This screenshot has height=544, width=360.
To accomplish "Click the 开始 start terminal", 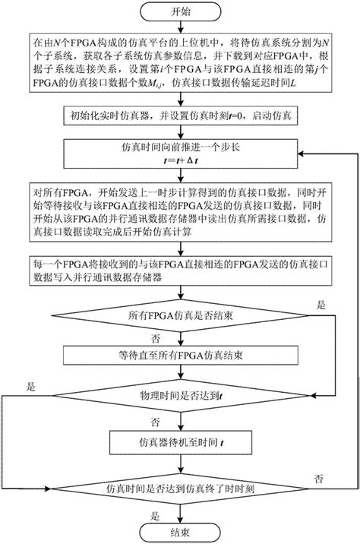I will [180, 12].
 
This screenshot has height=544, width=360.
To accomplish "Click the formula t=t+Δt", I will [180, 162].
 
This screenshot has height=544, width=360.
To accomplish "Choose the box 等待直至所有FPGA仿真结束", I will [180, 356].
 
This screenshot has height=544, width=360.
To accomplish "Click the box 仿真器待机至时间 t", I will [180, 441].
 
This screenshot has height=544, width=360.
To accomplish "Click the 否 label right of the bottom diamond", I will [320, 476].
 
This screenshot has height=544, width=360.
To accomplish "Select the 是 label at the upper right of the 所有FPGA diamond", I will [319, 304].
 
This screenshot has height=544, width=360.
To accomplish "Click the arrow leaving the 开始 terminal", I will [180, 27].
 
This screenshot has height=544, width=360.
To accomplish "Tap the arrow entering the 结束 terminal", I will [180, 513].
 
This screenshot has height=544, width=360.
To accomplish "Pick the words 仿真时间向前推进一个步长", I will [180, 150].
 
